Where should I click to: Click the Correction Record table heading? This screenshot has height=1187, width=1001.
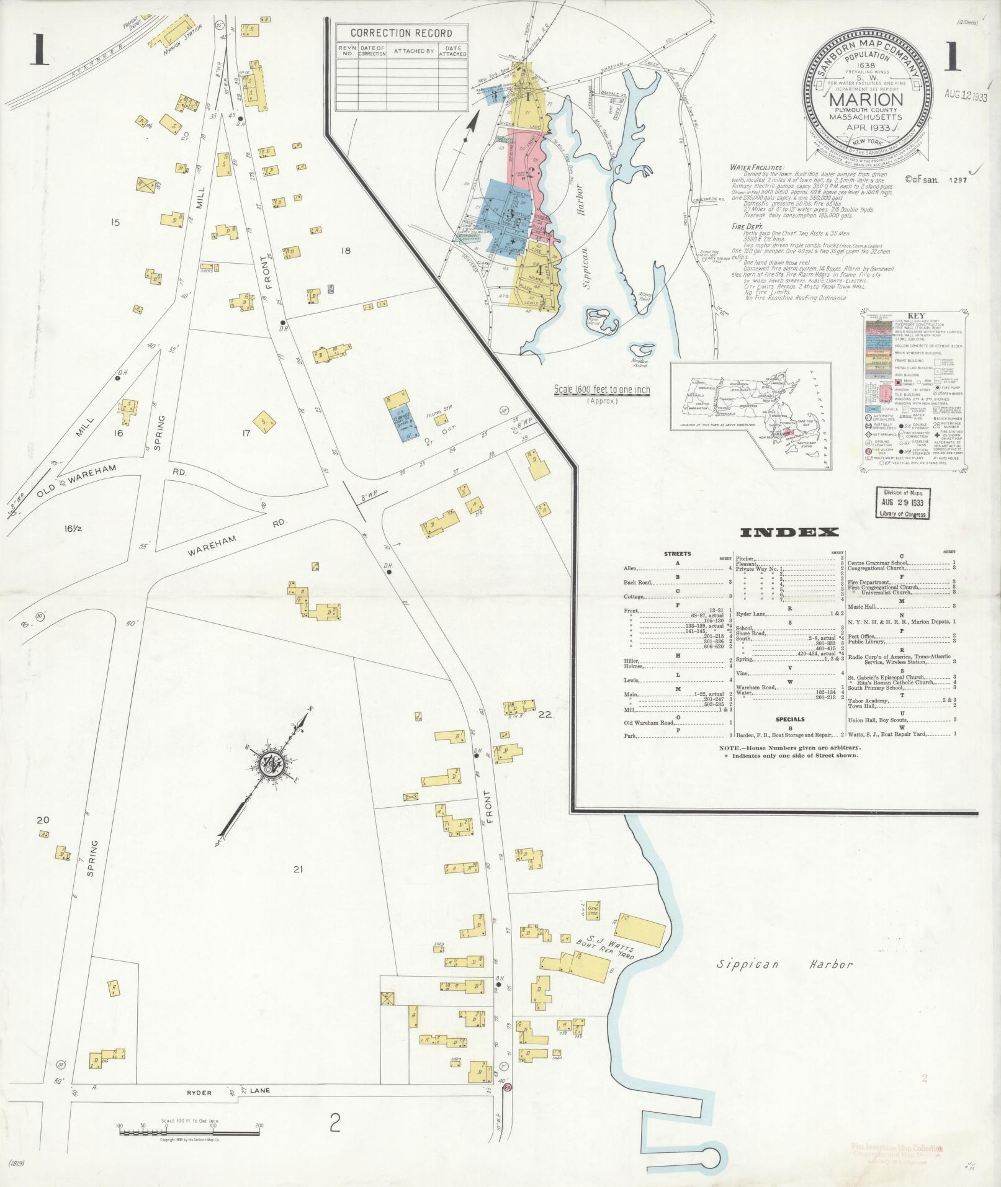(401, 33)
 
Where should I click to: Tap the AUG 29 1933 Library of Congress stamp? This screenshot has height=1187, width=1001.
(901, 502)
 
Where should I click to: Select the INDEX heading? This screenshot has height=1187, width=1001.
(789, 532)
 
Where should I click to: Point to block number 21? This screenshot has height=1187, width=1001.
(298, 870)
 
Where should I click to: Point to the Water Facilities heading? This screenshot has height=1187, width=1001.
(756, 168)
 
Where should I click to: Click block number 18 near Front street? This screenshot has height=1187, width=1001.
(346, 250)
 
